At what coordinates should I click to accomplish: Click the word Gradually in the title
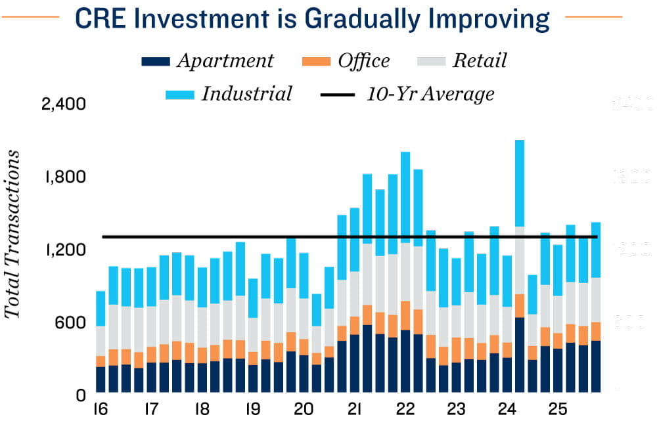click(x=359, y=19)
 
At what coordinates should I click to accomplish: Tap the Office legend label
click(x=364, y=61)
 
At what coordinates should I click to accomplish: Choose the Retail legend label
click(x=480, y=61)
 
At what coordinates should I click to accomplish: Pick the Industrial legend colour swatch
click(x=179, y=95)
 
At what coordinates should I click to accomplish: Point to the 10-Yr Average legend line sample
click(x=338, y=95)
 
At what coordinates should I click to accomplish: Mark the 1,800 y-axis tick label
click(x=64, y=177)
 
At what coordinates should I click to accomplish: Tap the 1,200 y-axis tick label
click(x=64, y=250)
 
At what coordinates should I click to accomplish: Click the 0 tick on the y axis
click(x=81, y=395)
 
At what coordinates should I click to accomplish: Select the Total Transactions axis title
click(x=12, y=234)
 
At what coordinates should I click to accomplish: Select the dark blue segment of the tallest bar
click(x=520, y=355)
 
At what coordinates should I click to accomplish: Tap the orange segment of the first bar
click(x=101, y=361)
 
